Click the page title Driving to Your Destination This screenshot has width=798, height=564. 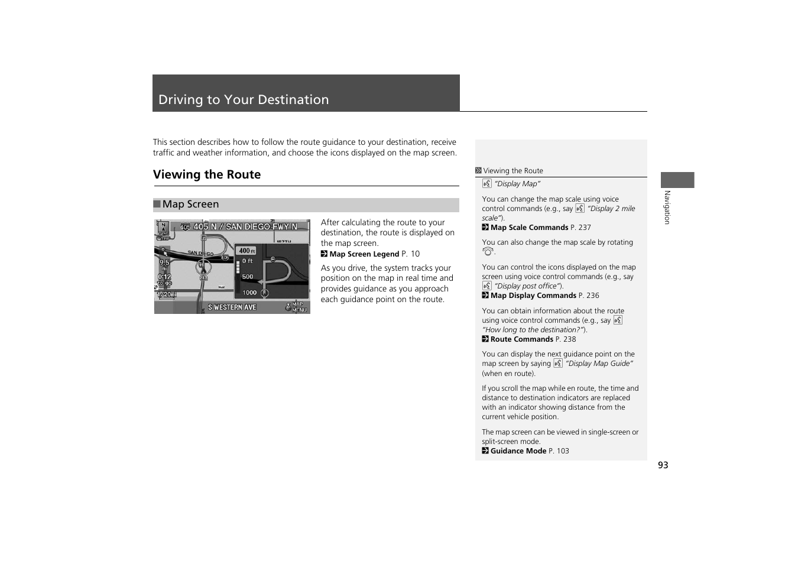pos(244,100)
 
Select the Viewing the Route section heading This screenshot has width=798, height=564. pos(207,174)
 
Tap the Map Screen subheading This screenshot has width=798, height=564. pos(190,205)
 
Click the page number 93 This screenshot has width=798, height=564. pos(663,465)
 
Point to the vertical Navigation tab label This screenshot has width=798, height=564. pos(667,207)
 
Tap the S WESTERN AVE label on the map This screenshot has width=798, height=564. pos(232,307)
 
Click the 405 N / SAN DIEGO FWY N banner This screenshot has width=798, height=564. pos(245,226)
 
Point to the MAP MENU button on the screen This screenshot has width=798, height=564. pos(297,307)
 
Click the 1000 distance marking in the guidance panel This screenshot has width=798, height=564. pos(249,293)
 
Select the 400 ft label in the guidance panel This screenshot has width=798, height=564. pos(246,251)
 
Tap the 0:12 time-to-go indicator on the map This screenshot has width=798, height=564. pos(164,277)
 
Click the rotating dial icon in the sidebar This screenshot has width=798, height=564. pos(488,252)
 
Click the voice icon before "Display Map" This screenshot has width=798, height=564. pos(486,184)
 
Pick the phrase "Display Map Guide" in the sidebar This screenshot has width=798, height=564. pos(599,364)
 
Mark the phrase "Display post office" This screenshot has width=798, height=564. pos(528,286)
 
